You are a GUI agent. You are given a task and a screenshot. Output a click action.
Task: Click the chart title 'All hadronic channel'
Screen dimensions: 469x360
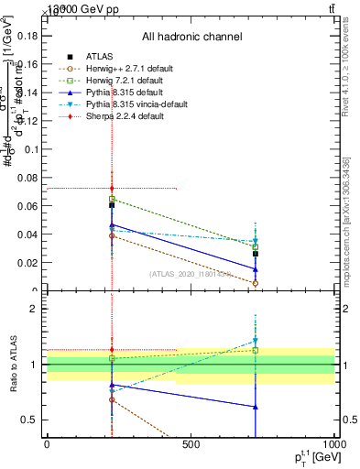[191, 37]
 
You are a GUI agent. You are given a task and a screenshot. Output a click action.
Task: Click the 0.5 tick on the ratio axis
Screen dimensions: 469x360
[30, 420]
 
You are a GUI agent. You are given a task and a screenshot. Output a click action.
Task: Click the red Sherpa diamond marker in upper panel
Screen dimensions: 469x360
[112, 189]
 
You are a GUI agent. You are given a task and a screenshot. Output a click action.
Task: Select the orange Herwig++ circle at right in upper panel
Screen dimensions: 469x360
[256, 283]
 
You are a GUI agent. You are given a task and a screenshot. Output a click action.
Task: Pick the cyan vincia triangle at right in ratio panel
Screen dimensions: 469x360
[256, 341]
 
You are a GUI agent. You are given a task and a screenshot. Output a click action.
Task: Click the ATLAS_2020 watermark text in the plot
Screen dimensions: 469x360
[191, 274]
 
